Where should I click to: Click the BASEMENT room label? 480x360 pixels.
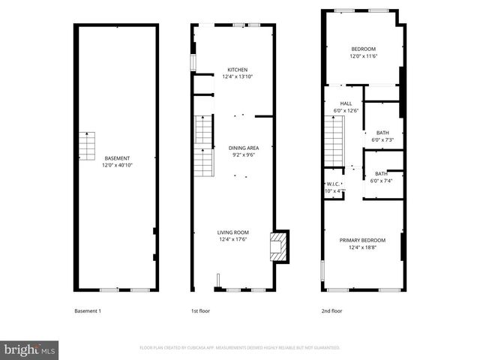coord(117,158)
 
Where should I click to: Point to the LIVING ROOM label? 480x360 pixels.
coord(233,232)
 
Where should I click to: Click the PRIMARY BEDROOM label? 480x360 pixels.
coord(361,241)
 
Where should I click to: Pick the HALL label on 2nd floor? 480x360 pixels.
coord(346,103)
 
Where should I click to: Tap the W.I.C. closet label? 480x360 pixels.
coord(334,184)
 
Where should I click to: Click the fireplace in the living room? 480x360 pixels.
coord(278,245)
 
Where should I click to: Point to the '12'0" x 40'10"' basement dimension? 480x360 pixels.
coord(117,165)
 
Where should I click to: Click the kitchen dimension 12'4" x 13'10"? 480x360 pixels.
coord(237,76)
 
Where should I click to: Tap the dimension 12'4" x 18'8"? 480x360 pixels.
coord(361,247)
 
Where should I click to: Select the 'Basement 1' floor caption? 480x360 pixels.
coord(88,311)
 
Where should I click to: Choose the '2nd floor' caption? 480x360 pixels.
coord(331,311)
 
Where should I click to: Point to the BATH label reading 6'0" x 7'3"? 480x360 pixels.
coord(382,133)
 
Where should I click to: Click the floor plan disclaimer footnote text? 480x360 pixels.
coord(240,348)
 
